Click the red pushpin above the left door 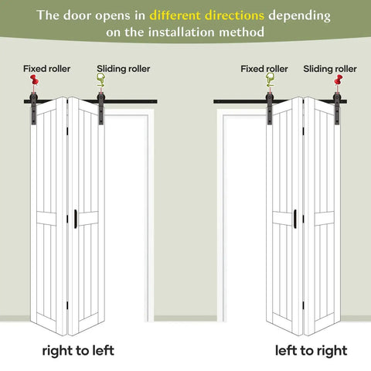(x=34, y=80)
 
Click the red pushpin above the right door (x=339, y=80)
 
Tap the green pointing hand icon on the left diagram (x=100, y=80)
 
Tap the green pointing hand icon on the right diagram (x=270, y=80)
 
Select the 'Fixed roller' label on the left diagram (x=46, y=69)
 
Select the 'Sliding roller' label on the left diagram (x=124, y=69)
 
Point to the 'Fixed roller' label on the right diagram (x=264, y=69)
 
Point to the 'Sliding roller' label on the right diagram (x=330, y=69)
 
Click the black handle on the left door (x=76, y=219)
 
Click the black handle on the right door (x=295, y=219)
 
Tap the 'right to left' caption (x=78, y=351)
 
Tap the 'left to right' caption (x=311, y=351)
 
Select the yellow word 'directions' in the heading (x=235, y=15)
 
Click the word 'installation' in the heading (x=182, y=32)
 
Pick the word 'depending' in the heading (x=299, y=16)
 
